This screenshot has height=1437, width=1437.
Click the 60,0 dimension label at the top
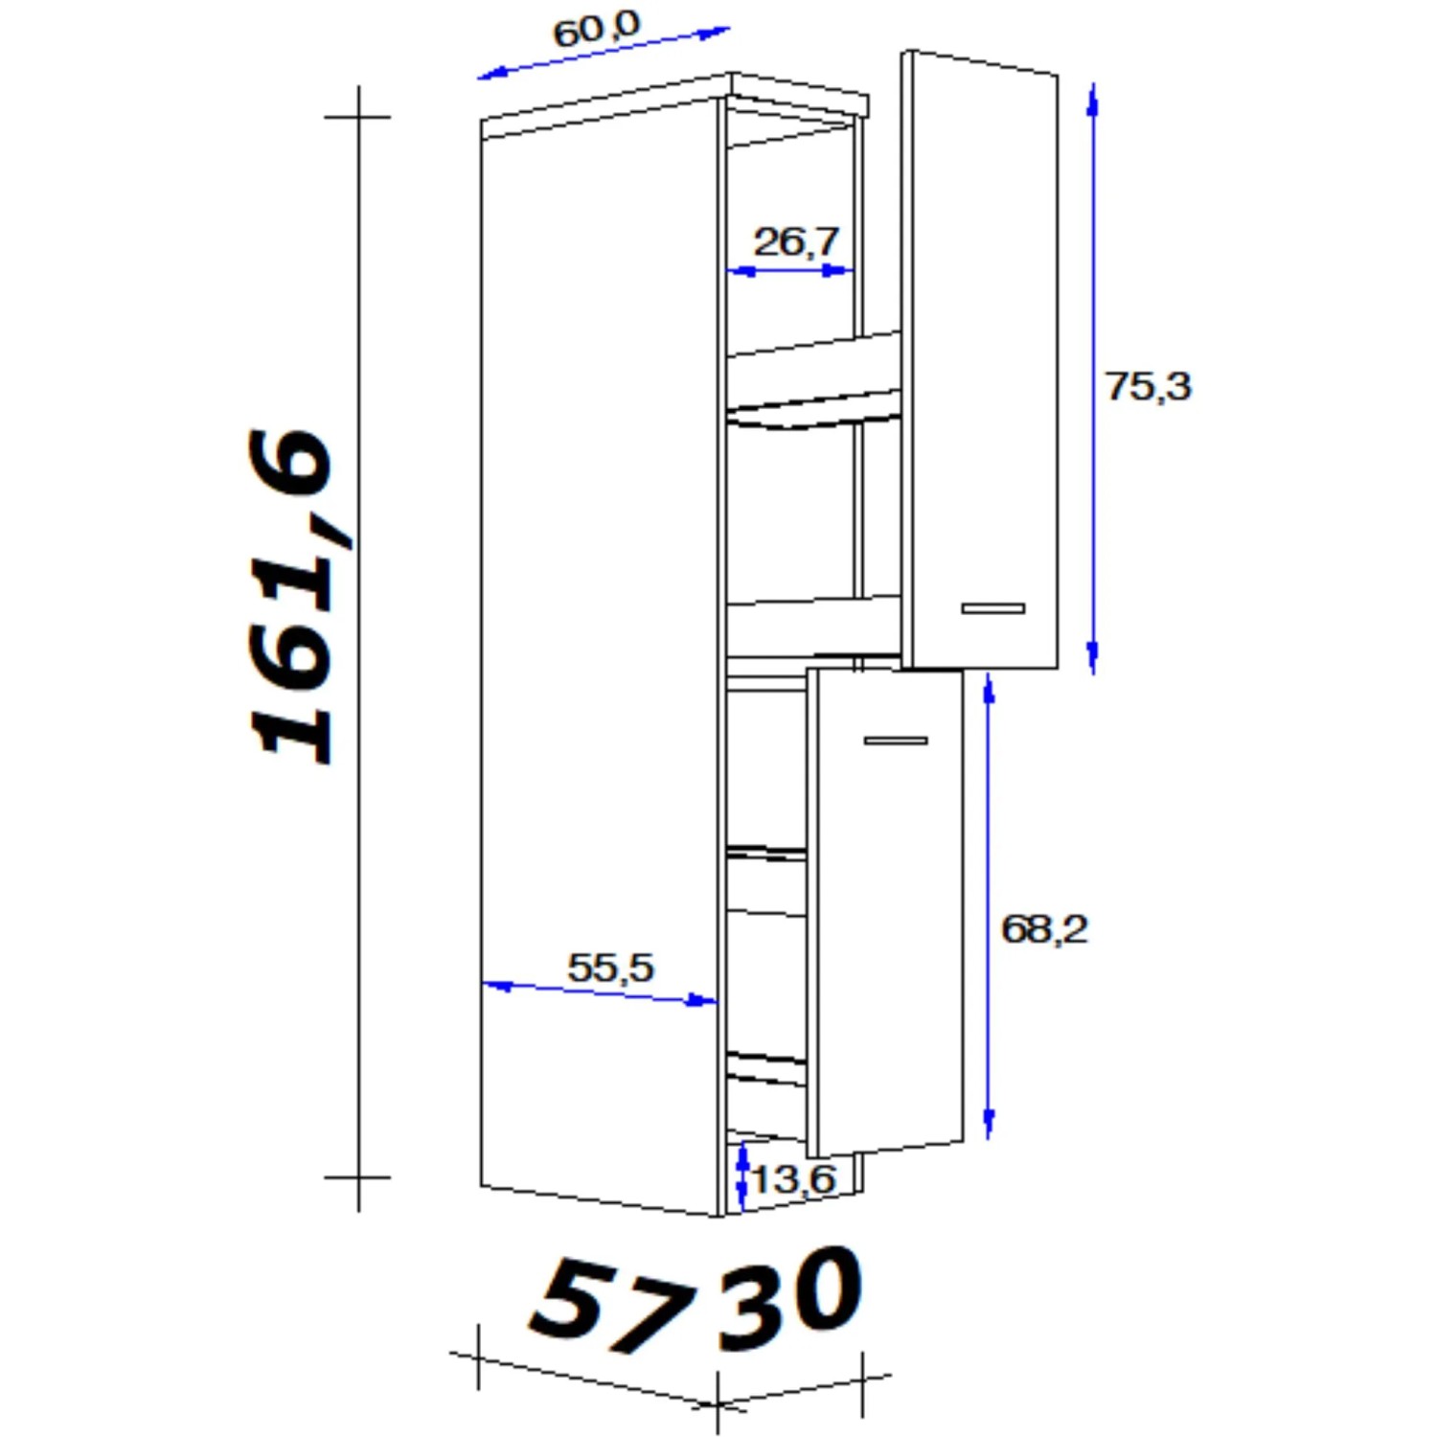point(596,29)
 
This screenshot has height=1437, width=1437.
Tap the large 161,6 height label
point(291,596)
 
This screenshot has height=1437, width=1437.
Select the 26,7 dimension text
point(796,240)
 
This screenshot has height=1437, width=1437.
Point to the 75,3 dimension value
point(1148,386)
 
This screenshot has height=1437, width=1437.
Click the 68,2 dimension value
point(1044,929)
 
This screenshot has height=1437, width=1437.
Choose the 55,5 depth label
point(610,968)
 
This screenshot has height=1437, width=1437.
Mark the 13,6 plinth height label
point(793,1179)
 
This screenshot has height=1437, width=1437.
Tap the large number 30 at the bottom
point(791,1298)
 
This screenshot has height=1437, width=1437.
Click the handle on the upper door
point(993,608)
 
